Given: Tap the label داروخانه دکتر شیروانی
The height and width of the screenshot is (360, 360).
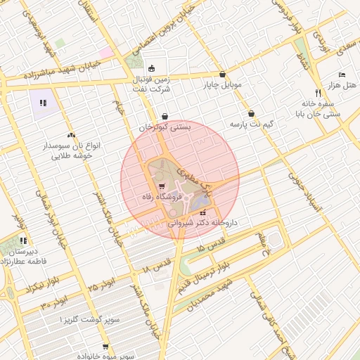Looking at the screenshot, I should click(203, 222).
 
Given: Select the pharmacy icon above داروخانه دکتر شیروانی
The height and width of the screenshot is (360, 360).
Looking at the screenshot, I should click(203, 212).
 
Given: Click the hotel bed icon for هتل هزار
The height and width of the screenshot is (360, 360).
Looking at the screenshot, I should click(342, 75).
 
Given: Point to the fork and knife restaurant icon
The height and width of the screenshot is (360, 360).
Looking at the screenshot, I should click(318, 92).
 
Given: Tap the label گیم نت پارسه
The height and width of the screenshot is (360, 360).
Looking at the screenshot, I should click(251, 124).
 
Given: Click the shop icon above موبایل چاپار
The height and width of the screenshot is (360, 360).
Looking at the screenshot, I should click(222, 75).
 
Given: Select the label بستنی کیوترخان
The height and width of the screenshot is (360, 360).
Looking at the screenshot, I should click(165, 128).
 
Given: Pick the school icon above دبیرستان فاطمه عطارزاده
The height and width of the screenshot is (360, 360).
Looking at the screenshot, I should click(24, 240).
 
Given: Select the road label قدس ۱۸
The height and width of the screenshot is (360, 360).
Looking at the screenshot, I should click(156, 264).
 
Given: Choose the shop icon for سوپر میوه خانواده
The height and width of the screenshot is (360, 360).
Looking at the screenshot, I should click(105, 346).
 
